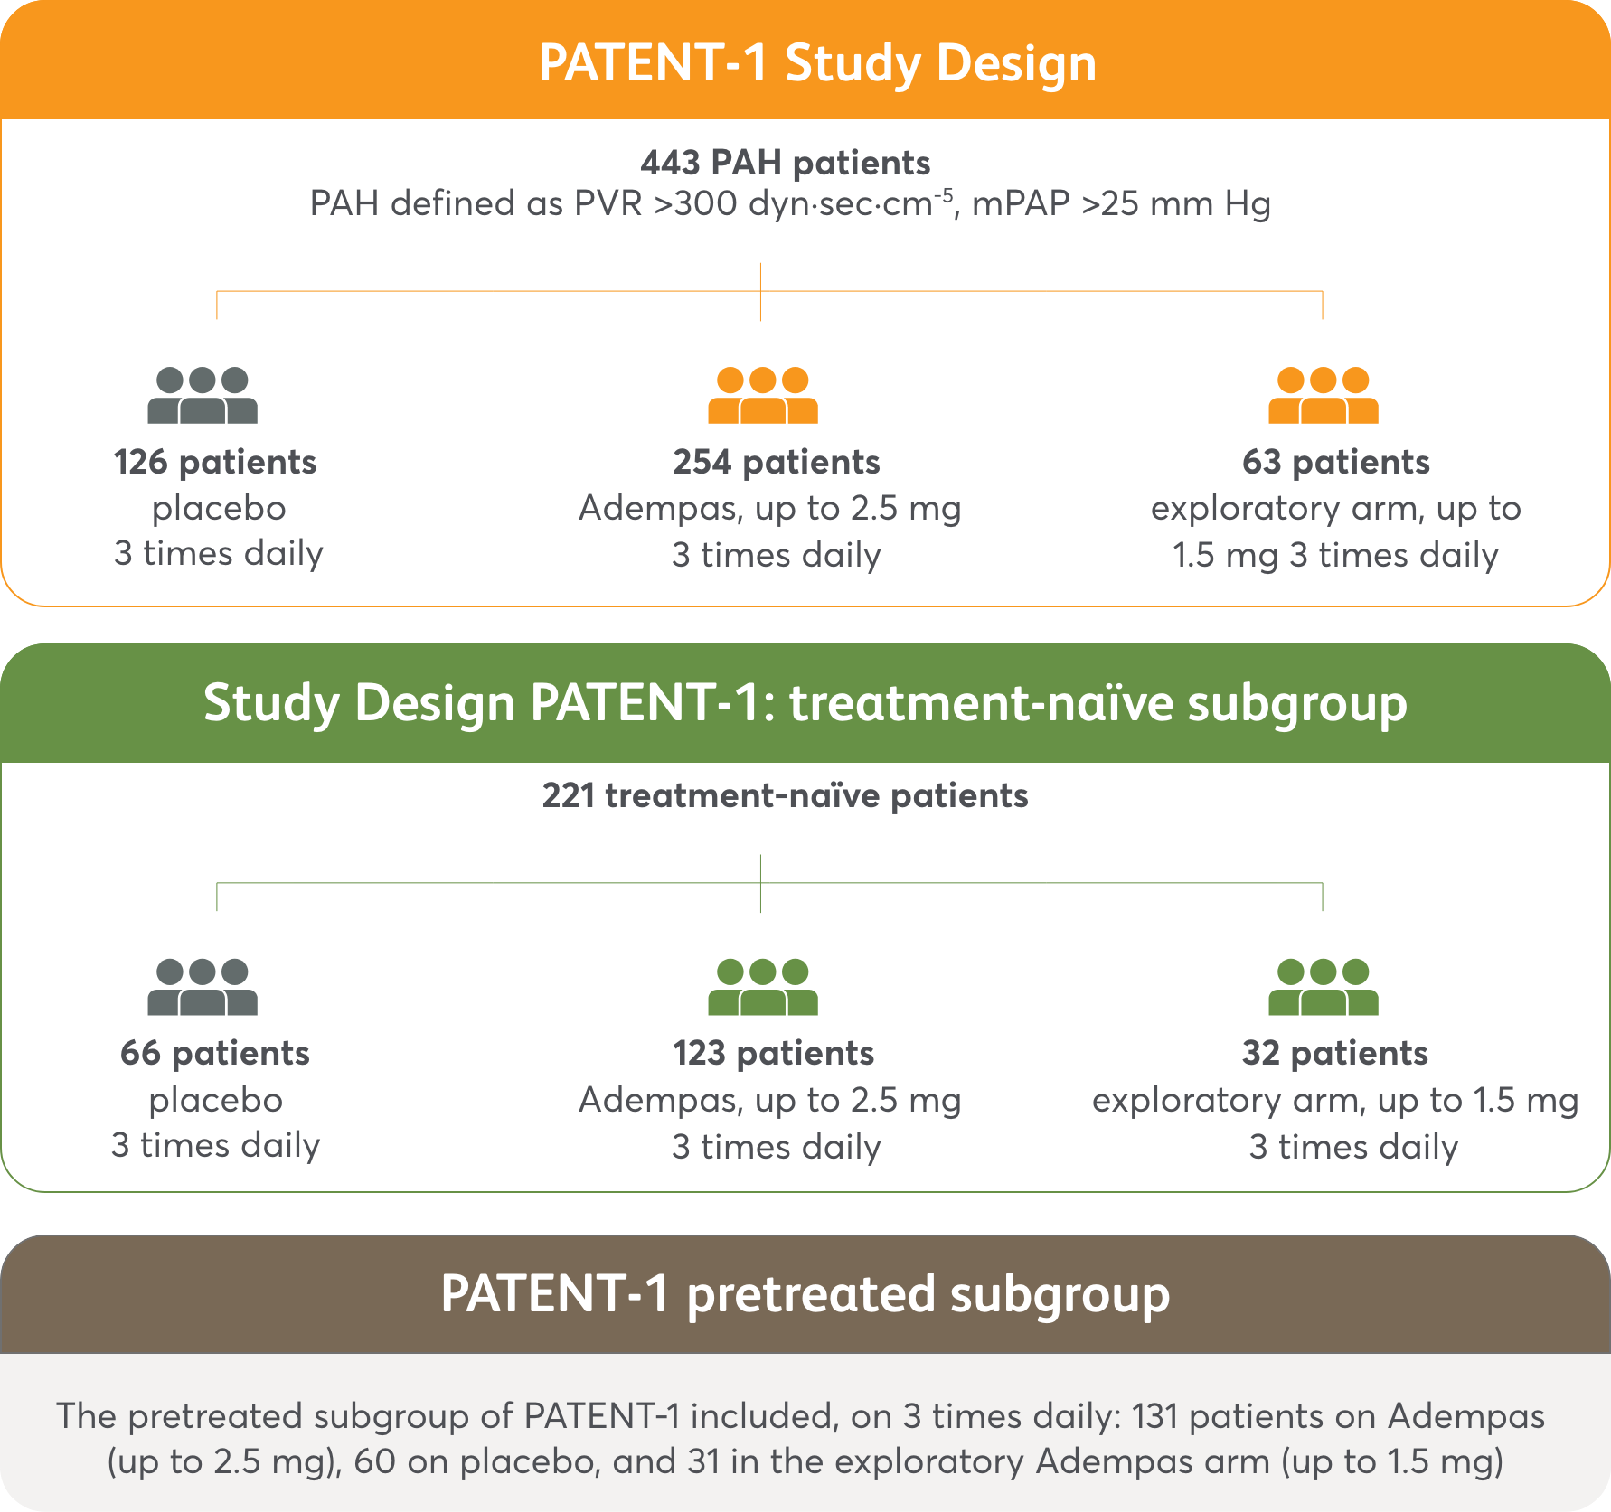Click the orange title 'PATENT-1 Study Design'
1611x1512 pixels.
point(817,63)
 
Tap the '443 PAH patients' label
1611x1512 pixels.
point(785,163)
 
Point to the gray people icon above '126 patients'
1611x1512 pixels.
point(203,396)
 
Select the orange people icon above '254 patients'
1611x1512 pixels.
point(762,396)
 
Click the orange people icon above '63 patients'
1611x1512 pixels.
point(1323,396)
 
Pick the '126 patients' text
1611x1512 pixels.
point(215,462)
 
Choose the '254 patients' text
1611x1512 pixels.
point(776,462)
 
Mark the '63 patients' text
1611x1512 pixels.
point(1335,462)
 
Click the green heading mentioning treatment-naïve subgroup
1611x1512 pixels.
point(805,703)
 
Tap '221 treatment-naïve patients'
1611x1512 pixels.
point(785,795)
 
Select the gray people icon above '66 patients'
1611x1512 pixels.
point(203,987)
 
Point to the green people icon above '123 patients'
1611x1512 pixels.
point(762,987)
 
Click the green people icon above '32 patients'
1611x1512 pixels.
point(1323,987)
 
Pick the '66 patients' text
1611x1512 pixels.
point(215,1053)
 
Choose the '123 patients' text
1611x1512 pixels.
point(773,1053)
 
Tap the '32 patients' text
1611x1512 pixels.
point(1334,1053)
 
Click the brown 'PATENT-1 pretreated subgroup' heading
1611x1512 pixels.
point(805,1293)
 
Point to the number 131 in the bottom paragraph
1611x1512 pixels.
point(1154,1416)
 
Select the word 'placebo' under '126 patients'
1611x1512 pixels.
point(219,508)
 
